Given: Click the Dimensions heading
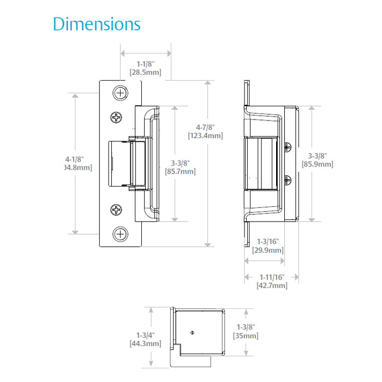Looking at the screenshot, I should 97,24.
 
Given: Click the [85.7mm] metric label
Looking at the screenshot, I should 180,171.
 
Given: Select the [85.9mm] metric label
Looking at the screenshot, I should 317,164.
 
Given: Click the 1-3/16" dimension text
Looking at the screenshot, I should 267,242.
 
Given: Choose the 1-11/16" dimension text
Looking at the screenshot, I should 271,277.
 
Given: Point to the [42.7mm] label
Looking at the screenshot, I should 271,285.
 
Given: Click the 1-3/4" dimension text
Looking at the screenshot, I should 145,335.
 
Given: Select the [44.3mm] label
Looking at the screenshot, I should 145,343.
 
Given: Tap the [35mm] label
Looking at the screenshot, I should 245,336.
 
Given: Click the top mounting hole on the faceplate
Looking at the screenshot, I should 120,94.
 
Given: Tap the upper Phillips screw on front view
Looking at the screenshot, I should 117,117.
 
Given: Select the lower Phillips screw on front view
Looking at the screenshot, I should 117,210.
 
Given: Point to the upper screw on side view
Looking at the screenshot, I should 289,146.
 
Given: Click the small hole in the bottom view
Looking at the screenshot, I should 192,333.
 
